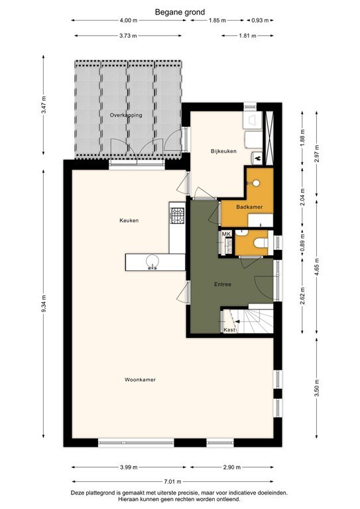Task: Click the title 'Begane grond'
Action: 180,12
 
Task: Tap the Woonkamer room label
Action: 139,380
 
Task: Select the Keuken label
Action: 129,221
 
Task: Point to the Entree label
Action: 222,284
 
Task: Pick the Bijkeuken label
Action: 223,152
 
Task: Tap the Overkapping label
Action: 126,115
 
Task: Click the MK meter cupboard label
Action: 225,234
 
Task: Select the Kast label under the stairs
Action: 229,329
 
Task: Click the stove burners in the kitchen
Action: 177,214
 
